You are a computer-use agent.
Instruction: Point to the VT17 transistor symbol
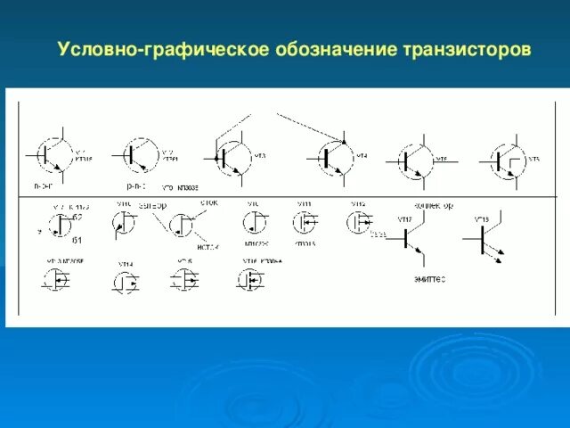(x=409, y=238)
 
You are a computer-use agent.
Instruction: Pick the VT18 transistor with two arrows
(x=484, y=238)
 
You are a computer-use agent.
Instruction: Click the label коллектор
(x=435, y=205)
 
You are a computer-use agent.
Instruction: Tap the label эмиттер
(x=428, y=279)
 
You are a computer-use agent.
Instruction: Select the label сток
(x=208, y=202)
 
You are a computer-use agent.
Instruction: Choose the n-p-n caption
(x=43, y=187)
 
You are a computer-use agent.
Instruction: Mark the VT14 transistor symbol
(x=126, y=283)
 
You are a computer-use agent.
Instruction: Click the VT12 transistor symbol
(x=358, y=221)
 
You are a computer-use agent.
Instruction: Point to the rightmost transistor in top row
(x=503, y=161)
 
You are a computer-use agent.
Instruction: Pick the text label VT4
(x=362, y=156)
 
